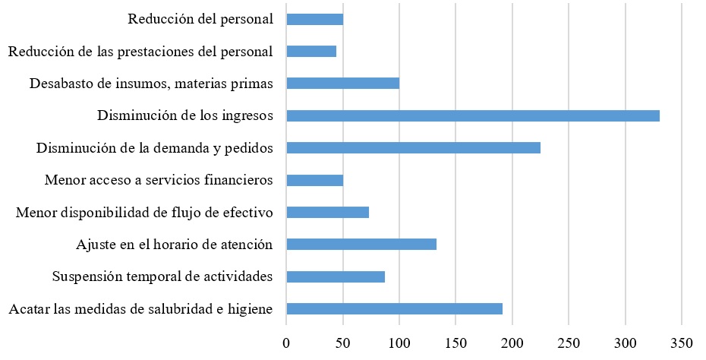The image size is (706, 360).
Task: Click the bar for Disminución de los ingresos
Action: [x=472, y=116]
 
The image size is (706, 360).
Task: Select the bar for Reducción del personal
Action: [x=314, y=20]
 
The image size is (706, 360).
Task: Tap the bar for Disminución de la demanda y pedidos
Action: [x=413, y=148]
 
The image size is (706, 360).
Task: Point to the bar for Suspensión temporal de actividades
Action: [x=335, y=276]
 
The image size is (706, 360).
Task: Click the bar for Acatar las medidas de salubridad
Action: [x=394, y=308]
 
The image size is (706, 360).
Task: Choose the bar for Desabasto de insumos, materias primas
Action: [x=342, y=84]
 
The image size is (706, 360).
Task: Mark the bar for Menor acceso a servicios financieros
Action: [x=314, y=181]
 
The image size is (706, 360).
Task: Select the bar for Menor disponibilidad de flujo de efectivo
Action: [x=327, y=213]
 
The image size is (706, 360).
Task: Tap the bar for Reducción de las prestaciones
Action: [x=311, y=52]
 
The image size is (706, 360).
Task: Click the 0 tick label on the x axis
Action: [x=286, y=343]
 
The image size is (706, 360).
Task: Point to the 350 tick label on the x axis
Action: [x=682, y=343]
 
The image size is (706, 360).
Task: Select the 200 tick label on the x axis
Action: [x=512, y=343]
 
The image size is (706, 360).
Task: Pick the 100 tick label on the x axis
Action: [x=399, y=343]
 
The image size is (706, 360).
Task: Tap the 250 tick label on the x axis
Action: [x=569, y=343]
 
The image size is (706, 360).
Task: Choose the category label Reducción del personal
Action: [x=200, y=20]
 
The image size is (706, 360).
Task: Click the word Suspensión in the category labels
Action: [x=84, y=276]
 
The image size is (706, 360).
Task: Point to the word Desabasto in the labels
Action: [x=60, y=84]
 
